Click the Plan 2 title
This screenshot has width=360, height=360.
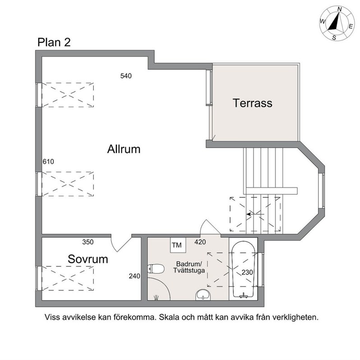coord(54,42)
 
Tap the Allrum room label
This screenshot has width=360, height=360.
coord(124,149)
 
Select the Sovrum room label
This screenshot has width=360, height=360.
coord(88,259)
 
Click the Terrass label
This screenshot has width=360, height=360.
coord(252,103)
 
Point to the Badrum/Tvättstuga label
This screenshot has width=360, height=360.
coord(189,267)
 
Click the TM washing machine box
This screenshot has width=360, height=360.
coord(178,245)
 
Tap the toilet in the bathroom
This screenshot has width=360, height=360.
coord(156,268)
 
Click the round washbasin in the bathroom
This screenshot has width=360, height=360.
coord(203,295)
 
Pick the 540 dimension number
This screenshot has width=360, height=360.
coord(126,76)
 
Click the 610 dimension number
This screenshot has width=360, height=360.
coord(48,162)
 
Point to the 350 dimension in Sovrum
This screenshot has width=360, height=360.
coord(88,242)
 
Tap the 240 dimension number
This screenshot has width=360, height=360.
coord(134,276)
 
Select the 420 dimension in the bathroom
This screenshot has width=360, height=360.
coord(200,242)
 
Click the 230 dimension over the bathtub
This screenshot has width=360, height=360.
coord(247,272)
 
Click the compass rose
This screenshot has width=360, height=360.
coord(337,23)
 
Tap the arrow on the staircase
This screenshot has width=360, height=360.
coord(255,214)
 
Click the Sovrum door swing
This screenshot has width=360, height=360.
coord(121,243)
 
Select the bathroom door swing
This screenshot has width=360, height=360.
coord(211,227)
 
